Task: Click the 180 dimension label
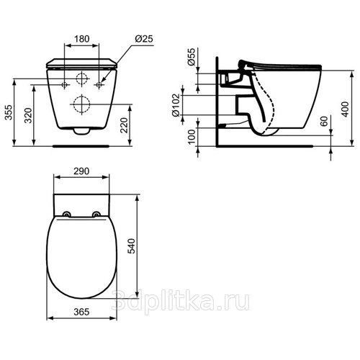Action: click(82, 39)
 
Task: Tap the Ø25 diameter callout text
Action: click(144, 39)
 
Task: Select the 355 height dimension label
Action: click(9, 112)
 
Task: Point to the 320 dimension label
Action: click(28, 116)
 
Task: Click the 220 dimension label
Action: click(124, 125)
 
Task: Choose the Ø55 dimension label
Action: click(192, 57)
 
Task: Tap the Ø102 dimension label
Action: click(176, 105)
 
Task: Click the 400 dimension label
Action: click(345, 109)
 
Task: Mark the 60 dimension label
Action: click(324, 122)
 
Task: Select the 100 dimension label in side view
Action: click(192, 136)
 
